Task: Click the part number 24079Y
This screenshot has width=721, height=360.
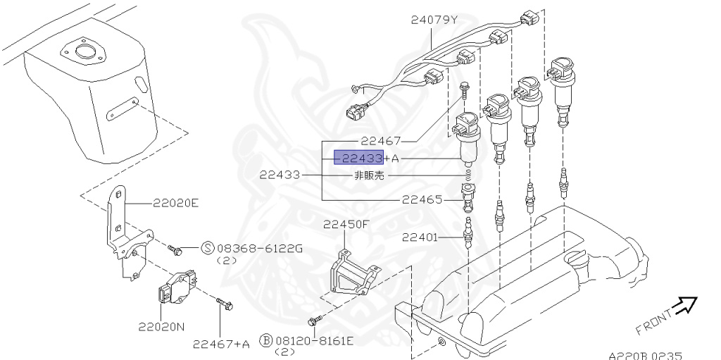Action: click(x=434, y=20)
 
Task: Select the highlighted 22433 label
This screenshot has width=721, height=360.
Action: click(x=358, y=159)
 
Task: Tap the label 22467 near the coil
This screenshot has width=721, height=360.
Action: click(x=380, y=141)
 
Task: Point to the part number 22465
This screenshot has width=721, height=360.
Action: click(x=422, y=199)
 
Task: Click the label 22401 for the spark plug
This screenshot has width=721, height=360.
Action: click(x=422, y=238)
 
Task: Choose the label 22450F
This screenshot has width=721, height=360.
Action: click(x=346, y=225)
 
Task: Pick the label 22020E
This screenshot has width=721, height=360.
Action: click(x=176, y=204)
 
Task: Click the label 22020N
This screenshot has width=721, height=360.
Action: click(x=161, y=326)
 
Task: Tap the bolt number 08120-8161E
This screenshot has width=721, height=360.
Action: click(x=315, y=341)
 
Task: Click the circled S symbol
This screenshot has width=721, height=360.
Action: click(x=208, y=247)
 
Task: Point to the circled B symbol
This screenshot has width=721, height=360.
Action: click(x=266, y=341)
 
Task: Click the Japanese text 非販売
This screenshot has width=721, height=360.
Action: click(x=368, y=176)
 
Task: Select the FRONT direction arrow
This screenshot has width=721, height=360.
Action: click(x=683, y=304)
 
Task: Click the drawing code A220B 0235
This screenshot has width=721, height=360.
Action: click(x=645, y=356)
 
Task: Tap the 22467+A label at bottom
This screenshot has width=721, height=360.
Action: click(x=221, y=344)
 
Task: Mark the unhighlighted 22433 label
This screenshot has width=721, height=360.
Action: click(x=280, y=175)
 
